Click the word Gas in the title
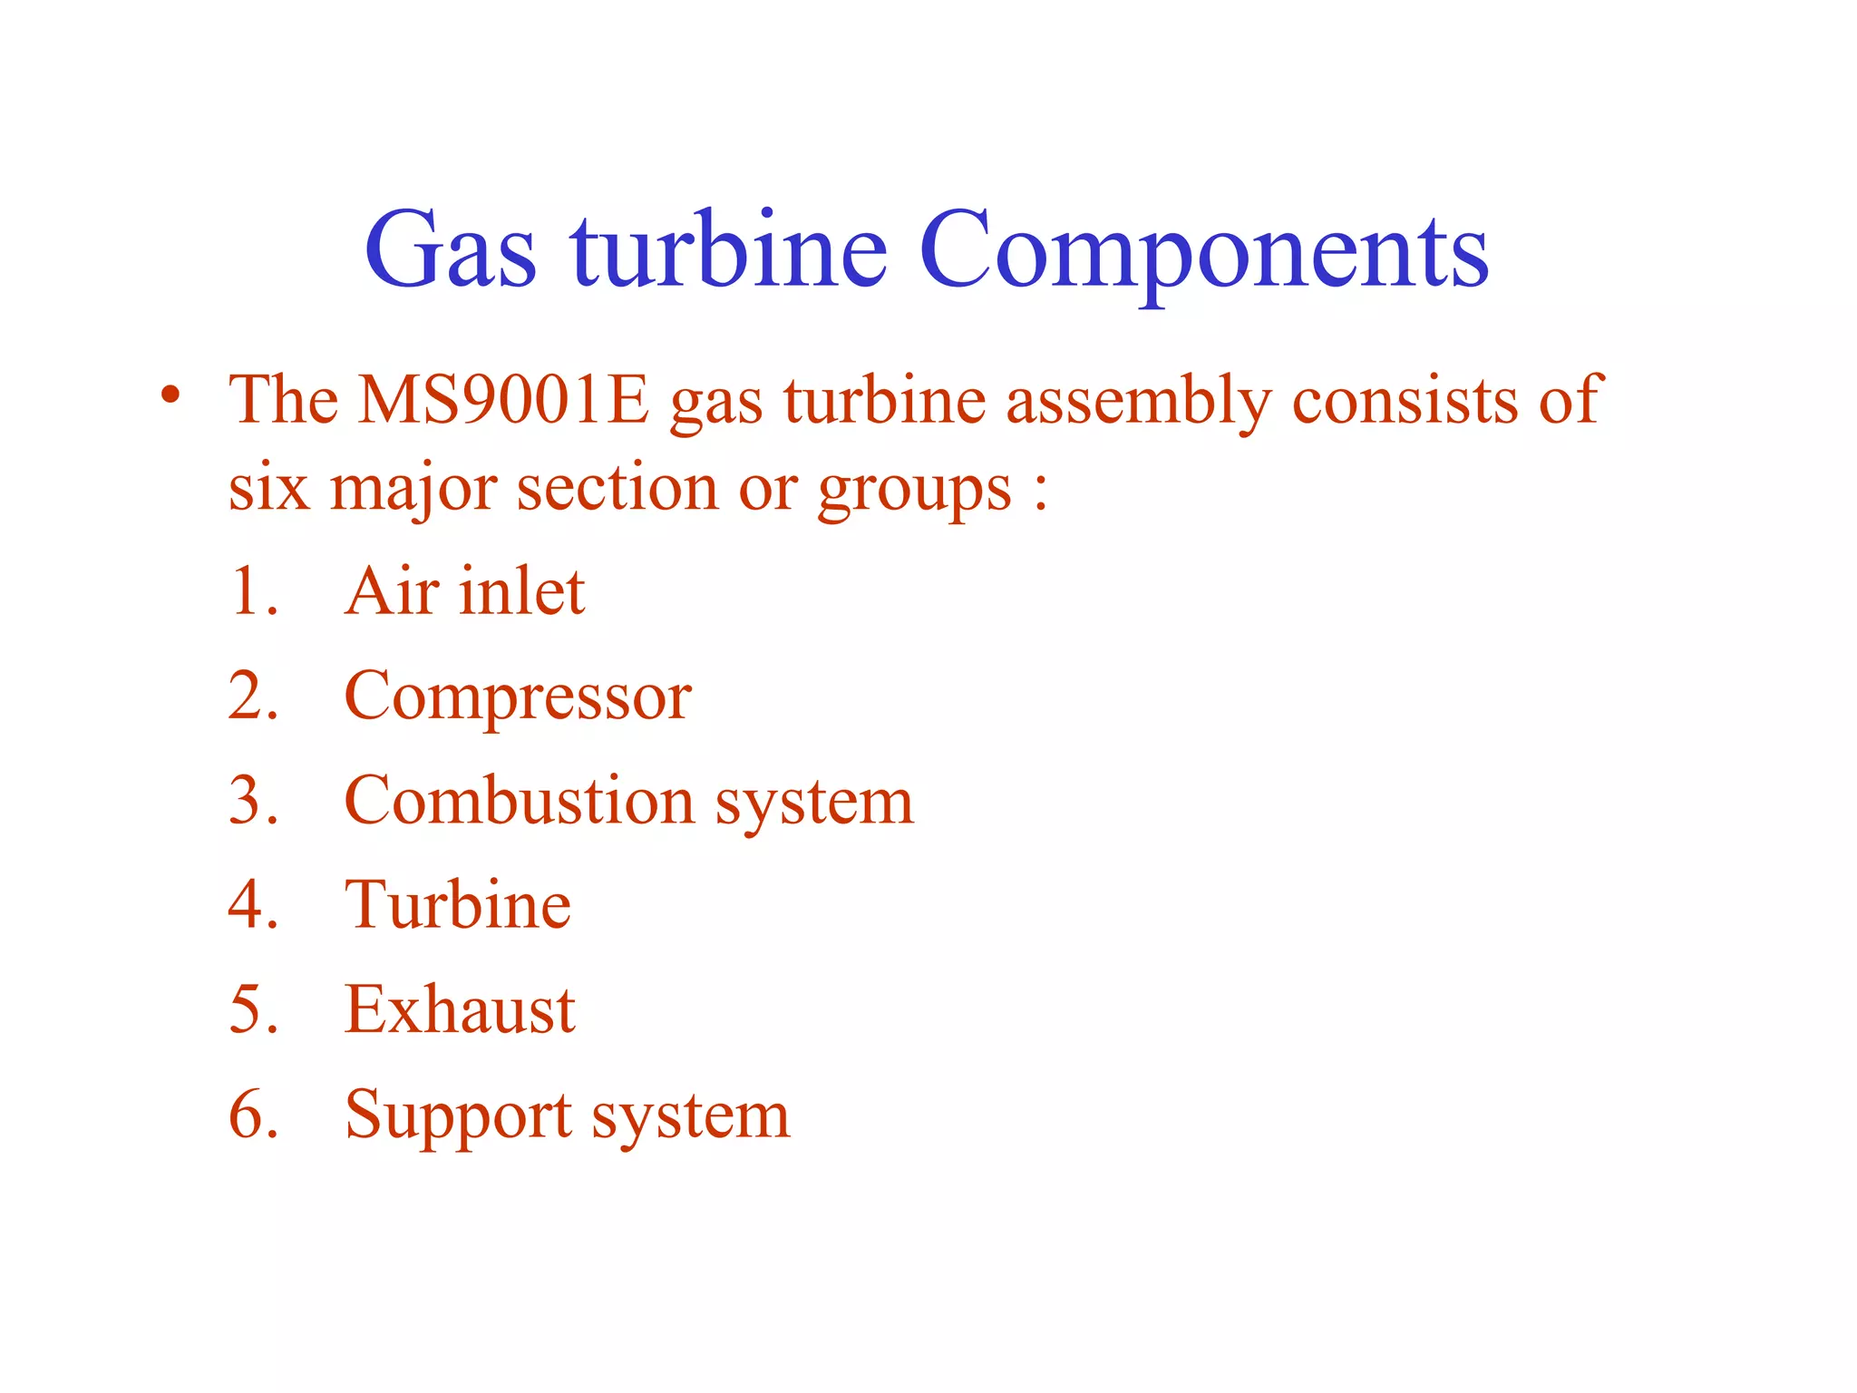(451, 249)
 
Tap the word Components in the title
(1203, 249)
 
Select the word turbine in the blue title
(728, 249)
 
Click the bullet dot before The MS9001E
(170, 395)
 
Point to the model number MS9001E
(504, 400)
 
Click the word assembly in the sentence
(1139, 400)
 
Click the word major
(413, 490)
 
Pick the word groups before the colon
(914, 490)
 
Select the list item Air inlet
(464, 591)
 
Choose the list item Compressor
(518, 696)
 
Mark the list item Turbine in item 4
(458, 905)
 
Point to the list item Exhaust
(460, 1009)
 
